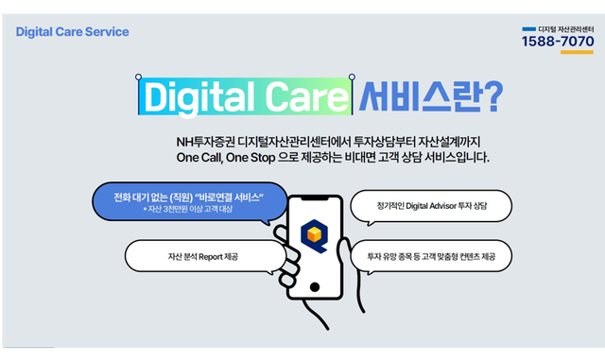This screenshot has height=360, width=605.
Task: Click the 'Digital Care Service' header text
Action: [72, 32]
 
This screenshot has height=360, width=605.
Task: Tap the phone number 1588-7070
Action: [558, 42]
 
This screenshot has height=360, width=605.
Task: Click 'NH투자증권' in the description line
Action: [205, 141]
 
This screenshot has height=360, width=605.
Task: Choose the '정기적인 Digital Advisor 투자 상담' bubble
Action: [430, 205]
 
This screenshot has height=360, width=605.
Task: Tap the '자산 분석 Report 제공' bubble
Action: [202, 256]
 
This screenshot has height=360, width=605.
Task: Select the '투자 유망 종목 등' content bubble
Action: [430, 256]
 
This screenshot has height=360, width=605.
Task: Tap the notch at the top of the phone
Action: [314, 199]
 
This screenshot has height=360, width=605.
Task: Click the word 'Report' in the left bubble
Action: [209, 256]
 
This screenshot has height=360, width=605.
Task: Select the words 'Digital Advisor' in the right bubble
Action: [423, 205]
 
